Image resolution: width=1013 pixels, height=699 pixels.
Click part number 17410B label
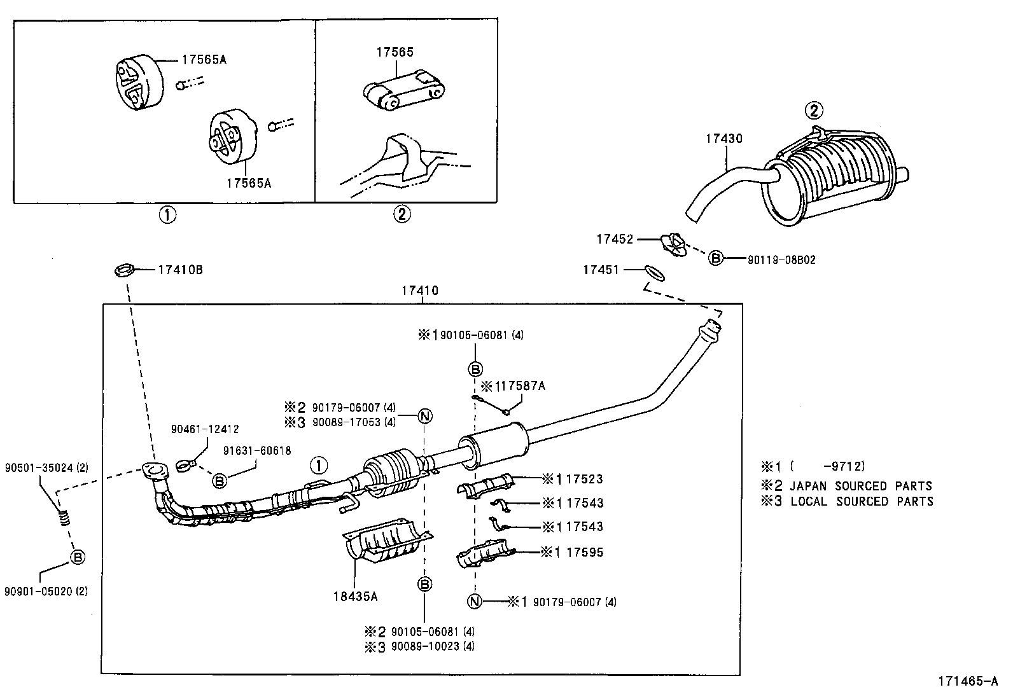tap(180, 270)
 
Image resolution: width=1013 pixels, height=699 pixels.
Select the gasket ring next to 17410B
tap(125, 270)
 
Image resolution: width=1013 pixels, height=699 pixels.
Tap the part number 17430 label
tap(723, 138)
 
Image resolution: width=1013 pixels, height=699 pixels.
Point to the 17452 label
tap(615, 239)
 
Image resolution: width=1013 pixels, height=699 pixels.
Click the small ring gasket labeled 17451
tap(655, 272)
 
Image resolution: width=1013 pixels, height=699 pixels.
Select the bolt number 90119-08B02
tap(781, 260)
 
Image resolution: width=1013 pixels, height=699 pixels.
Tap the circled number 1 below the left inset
tap(167, 215)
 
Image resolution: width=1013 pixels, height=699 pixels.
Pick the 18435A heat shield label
tap(354, 597)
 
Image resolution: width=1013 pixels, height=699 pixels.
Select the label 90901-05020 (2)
tap(46, 591)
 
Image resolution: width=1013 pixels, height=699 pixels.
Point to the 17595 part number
tap(584, 552)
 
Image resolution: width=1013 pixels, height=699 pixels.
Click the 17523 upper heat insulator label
tap(583, 478)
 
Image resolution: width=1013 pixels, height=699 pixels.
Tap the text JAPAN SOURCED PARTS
tap(860, 485)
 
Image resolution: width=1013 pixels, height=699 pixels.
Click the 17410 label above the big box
tap(419, 291)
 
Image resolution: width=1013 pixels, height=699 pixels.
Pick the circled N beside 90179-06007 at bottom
tap(475, 601)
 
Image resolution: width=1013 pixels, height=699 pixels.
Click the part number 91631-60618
tap(257, 451)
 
